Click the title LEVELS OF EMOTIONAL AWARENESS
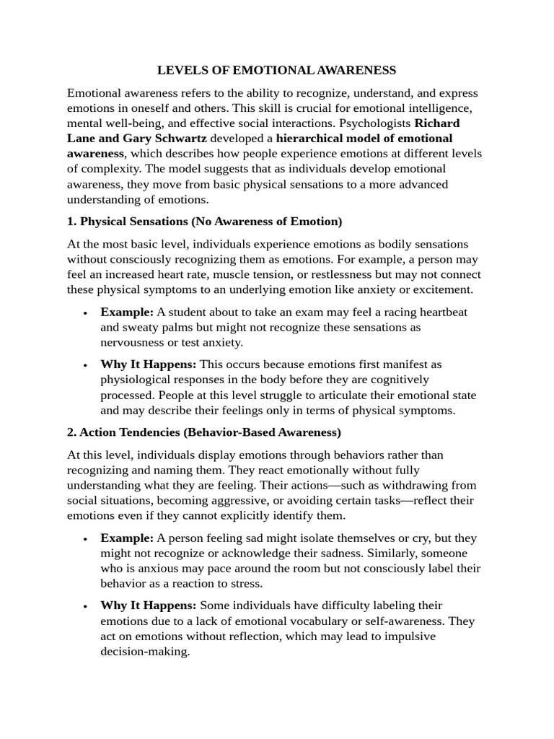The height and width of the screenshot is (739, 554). pyautogui.click(x=277, y=70)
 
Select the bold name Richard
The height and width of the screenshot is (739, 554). pyautogui.click(x=436, y=123)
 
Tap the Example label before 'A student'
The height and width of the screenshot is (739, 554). pyautogui.click(x=127, y=312)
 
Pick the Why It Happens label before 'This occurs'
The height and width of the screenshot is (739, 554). pyautogui.click(x=148, y=364)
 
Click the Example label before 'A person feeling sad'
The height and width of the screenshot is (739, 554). pyautogui.click(x=127, y=538)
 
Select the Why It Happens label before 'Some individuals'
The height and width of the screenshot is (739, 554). pyautogui.click(x=148, y=605)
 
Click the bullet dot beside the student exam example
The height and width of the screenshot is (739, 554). pyautogui.click(x=85, y=313)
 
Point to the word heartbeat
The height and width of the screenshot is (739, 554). pyautogui.click(x=441, y=312)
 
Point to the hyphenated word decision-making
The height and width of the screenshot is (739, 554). pyautogui.click(x=144, y=650)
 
